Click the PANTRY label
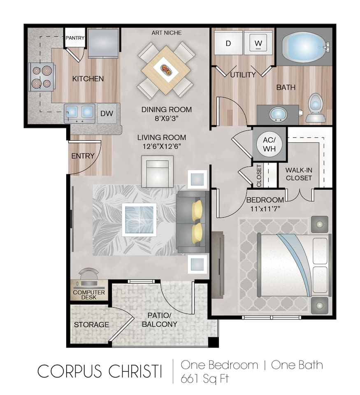pyautogui.click(x=75, y=38)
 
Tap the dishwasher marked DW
pyautogui.click(x=107, y=114)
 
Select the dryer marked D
pyautogui.click(x=228, y=43)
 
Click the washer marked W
pyautogui.click(x=258, y=43)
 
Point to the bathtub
pyautogui.click(x=306, y=47)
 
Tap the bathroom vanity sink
pyautogui.click(x=278, y=114)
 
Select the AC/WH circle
pyautogui.click(x=269, y=144)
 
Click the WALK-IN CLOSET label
pyautogui.click(x=299, y=174)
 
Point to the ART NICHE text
pyautogui.click(x=167, y=33)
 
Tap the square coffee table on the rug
pyautogui.click(x=139, y=220)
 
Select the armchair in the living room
pyautogui.click(x=158, y=172)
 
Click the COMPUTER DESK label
pyautogui.click(x=89, y=295)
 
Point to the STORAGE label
pyautogui.click(x=91, y=325)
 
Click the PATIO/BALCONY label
pyautogui.click(x=160, y=320)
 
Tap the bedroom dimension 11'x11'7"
pyautogui.click(x=265, y=209)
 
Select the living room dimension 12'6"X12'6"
pyautogui.click(x=162, y=146)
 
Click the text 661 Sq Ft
pyautogui.click(x=204, y=379)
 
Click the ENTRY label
pyautogui.click(x=83, y=156)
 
